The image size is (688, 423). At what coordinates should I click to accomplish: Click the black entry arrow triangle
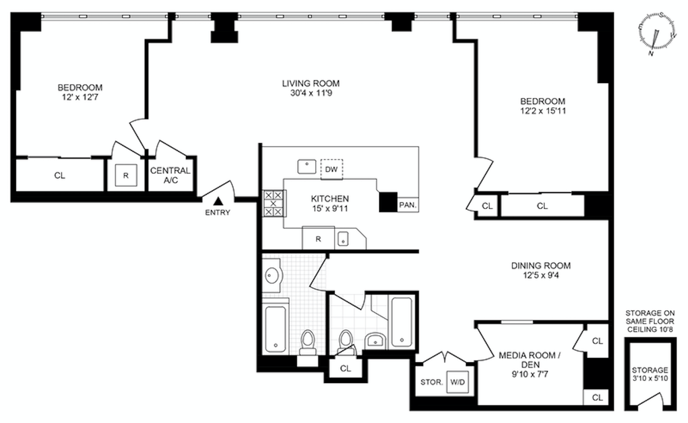218,201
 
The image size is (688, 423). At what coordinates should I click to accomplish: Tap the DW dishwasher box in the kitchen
332,169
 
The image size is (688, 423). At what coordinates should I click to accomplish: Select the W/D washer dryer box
458,382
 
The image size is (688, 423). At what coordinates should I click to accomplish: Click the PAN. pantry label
408,205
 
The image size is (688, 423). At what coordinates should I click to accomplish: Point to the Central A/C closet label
170,175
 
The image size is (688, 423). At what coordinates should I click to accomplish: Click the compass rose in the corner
657,33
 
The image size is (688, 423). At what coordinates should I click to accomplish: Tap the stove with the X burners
273,203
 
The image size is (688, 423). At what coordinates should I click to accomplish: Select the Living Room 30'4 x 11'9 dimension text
311,93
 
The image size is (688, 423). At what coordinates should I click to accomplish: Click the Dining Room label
541,266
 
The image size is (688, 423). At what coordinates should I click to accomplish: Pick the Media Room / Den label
529,360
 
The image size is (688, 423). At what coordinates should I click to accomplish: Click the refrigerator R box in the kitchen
318,239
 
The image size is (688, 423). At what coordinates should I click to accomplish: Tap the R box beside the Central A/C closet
126,175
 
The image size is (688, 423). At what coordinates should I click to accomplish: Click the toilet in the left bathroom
307,342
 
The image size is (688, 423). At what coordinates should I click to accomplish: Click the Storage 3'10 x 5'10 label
650,374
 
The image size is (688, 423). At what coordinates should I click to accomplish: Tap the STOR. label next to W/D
431,382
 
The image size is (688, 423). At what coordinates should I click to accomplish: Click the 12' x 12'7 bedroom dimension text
80,97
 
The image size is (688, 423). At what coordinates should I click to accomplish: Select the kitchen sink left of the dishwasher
307,166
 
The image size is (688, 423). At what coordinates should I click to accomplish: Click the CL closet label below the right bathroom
345,368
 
